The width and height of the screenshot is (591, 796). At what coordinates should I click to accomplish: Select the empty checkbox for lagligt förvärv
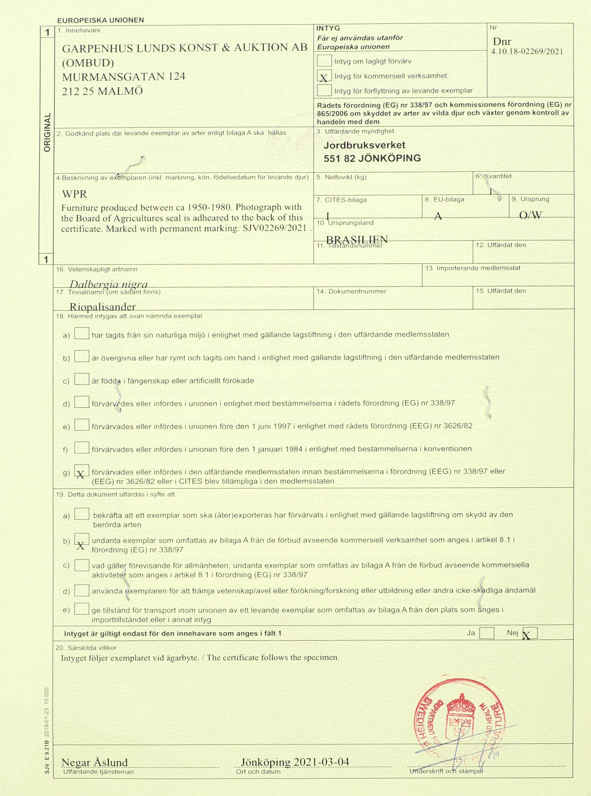(x=324, y=61)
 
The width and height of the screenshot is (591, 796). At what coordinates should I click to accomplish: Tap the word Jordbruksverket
(x=364, y=145)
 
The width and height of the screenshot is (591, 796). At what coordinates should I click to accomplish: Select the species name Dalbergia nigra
(x=108, y=284)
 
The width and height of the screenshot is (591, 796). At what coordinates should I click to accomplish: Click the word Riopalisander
(x=103, y=307)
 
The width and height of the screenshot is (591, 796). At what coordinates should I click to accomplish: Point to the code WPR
(x=75, y=194)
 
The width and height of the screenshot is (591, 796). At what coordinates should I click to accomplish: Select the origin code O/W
(x=530, y=215)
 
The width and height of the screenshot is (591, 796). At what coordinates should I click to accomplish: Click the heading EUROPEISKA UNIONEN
(x=101, y=20)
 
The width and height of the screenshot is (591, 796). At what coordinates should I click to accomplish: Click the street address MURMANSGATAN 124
(x=124, y=77)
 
